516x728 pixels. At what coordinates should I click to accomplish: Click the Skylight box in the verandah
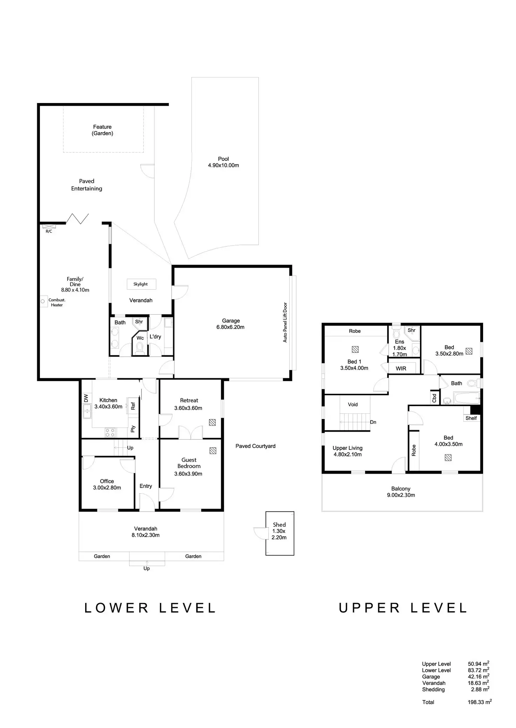coord(141,284)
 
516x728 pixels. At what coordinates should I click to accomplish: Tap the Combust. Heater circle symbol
coord(43,301)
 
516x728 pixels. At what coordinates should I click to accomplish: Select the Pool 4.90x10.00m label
coord(223,162)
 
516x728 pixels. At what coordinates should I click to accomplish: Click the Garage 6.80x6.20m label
coord(231,324)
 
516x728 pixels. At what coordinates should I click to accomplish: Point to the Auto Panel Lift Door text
coord(285,322)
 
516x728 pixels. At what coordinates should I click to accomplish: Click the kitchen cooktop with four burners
coord(110,433)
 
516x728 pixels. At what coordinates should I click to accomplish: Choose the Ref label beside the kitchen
coord(133,406)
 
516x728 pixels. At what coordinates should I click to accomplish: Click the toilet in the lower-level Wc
coord(140,347)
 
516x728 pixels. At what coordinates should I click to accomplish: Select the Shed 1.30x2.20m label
coord(279,531)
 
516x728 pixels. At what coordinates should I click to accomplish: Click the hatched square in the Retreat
coord(212,422)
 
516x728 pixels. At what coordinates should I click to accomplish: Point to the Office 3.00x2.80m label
coord(107,484)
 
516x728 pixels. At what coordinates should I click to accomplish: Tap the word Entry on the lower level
coord(146,486)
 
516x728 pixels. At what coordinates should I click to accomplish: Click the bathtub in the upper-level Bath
coord(466,398)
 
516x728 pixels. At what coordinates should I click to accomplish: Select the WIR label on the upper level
coord(401,369)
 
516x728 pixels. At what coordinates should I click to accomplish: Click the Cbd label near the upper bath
coord(434,398)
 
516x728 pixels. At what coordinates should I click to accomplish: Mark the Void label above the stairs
coord(353,404)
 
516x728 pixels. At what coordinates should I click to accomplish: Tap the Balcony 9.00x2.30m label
coord(401,492)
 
